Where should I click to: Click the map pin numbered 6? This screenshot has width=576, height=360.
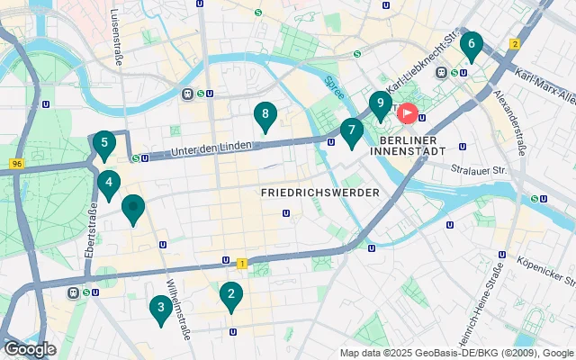(471, 44)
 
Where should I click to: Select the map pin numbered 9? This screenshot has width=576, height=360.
(380, 104)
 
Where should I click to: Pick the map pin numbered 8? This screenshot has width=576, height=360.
(264, 115)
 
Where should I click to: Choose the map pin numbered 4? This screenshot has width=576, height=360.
(109, 184)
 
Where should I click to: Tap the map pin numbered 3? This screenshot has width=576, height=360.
(160, 309)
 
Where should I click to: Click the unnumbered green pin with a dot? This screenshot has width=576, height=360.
(133, 209)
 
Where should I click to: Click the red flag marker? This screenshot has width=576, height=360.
(407, 114)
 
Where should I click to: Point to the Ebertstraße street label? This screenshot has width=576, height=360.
(91, 232)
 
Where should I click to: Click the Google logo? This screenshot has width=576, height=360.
(30, 349)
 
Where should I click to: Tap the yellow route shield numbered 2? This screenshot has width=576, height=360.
(515, 43)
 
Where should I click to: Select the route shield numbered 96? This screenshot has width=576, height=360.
(16, 164)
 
